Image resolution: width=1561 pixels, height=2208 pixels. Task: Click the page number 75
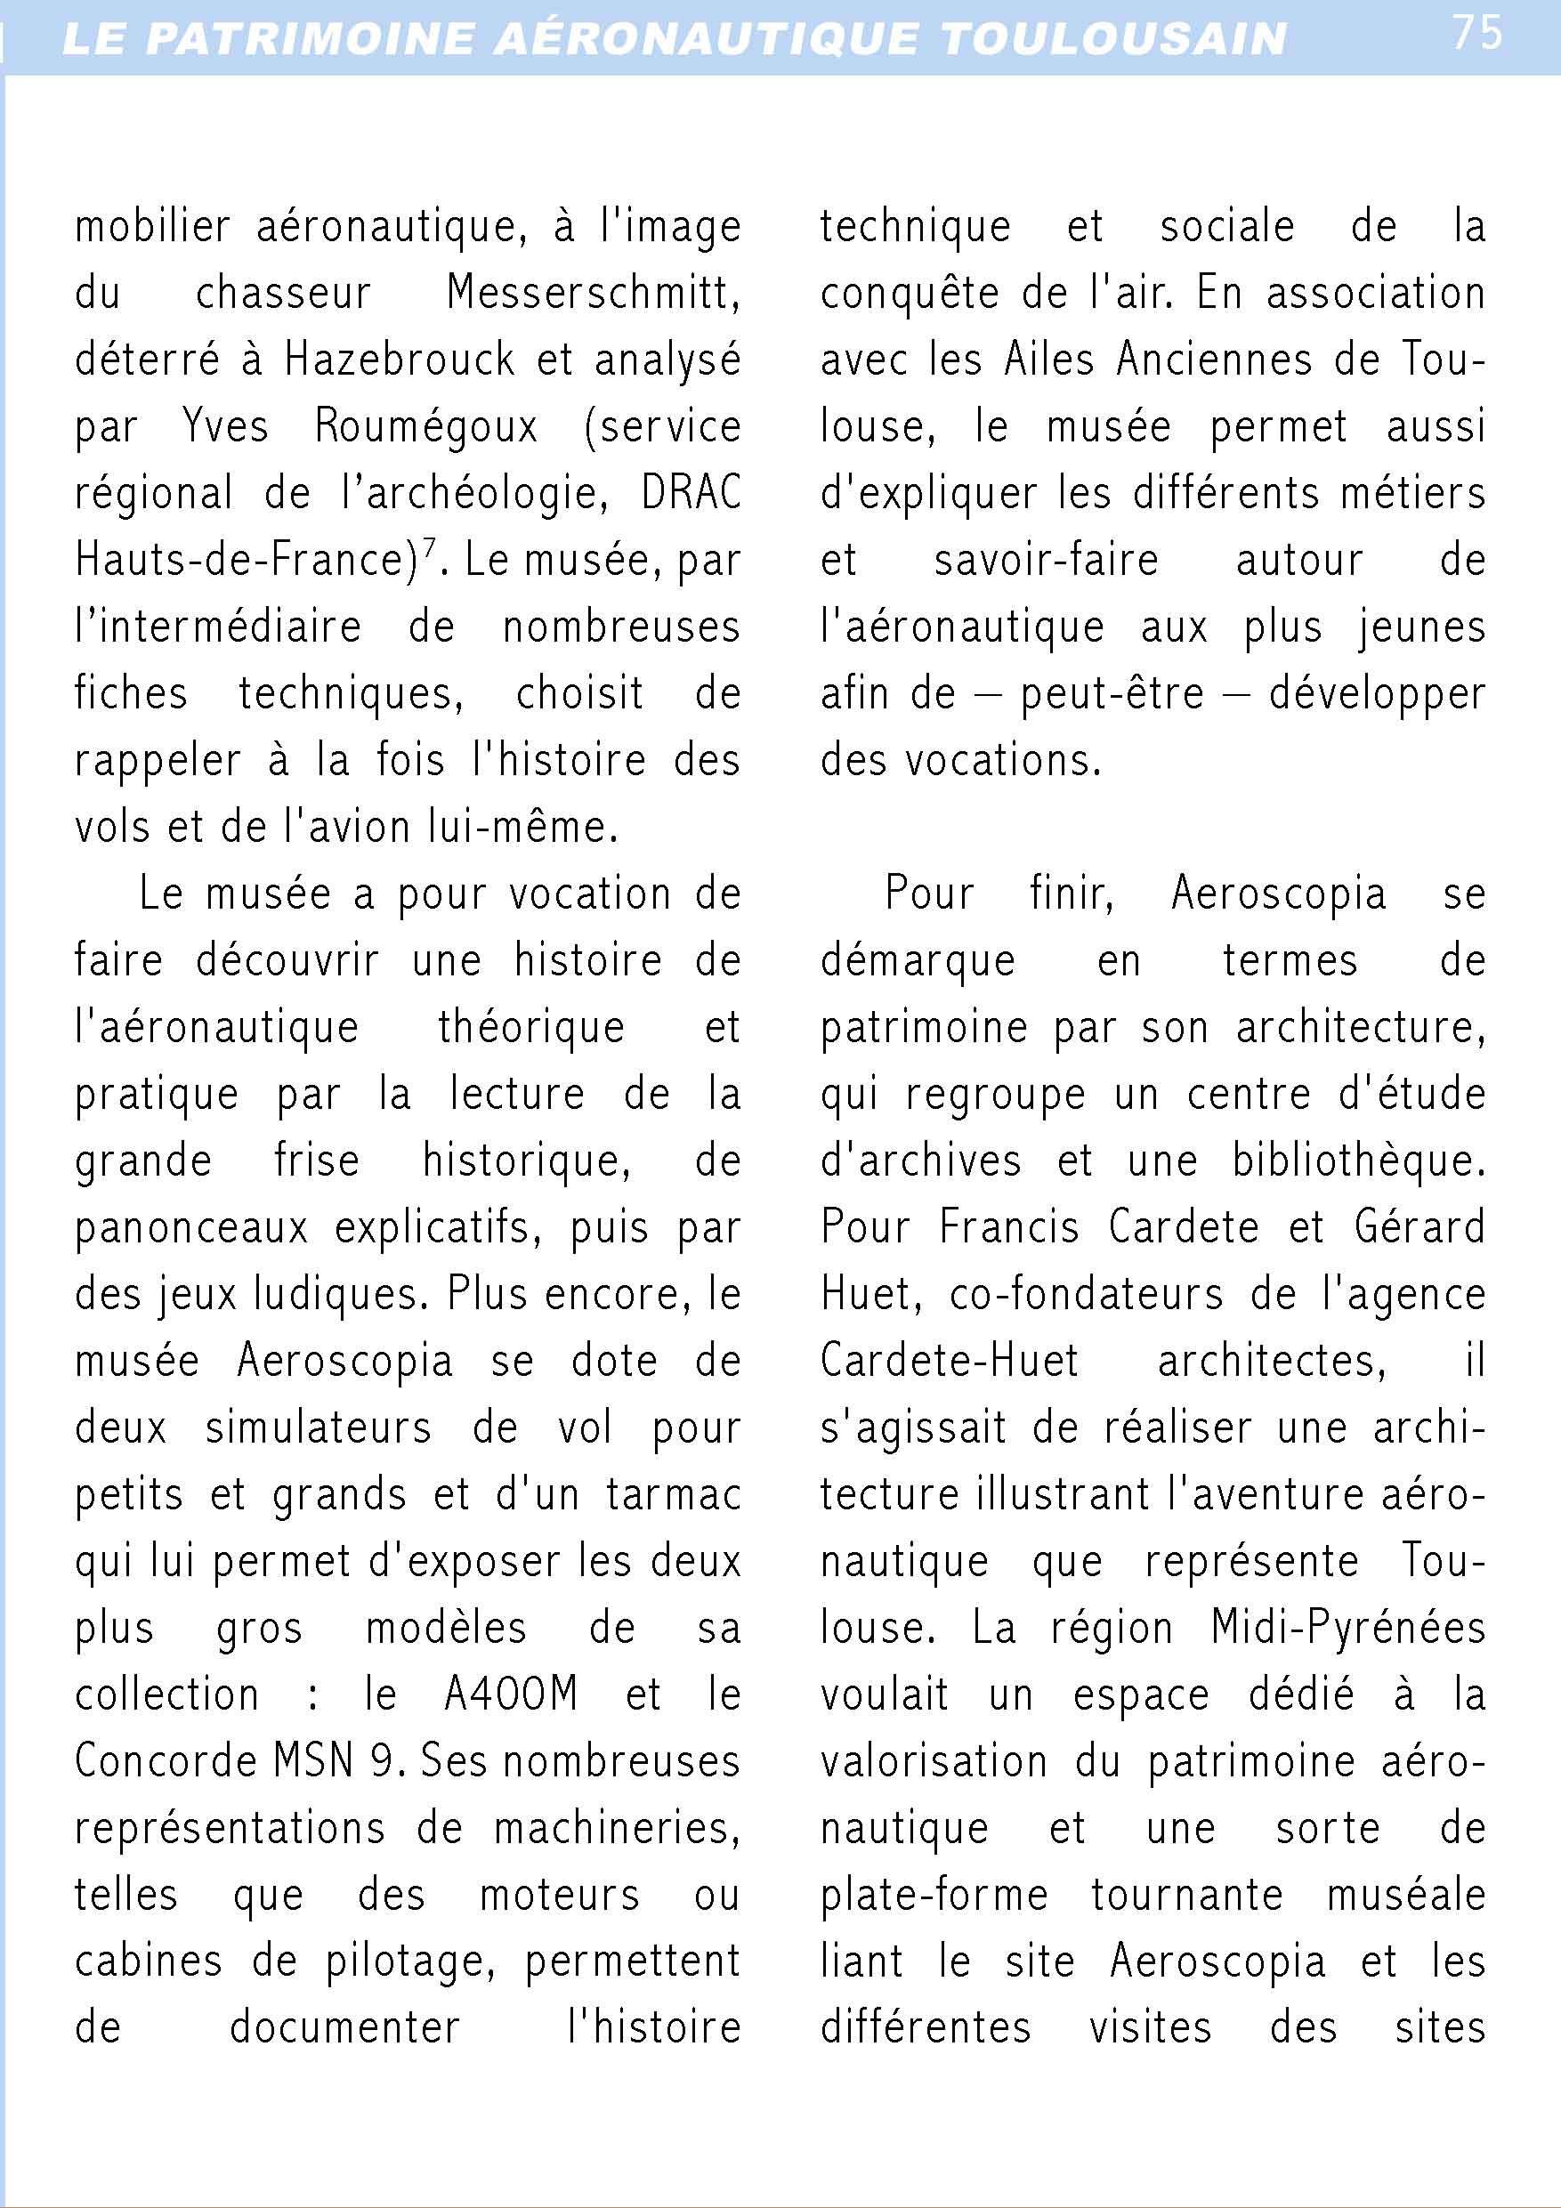tap(1476, 34)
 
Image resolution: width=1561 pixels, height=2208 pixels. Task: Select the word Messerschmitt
tap(594, 292)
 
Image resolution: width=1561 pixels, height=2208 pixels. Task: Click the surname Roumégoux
tap(426, 426)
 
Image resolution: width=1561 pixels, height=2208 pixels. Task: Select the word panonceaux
tap(191, 1228)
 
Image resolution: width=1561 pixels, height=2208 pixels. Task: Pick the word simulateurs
tap(319, 1428)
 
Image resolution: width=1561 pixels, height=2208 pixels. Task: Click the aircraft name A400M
tap(511, 1694)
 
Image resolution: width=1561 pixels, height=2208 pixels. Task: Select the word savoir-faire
tap(1047, 560)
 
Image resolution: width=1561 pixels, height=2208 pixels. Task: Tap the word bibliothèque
tap(1359, 1161)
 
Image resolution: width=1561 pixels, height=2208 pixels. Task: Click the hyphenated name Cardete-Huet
tap(950, 1362)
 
